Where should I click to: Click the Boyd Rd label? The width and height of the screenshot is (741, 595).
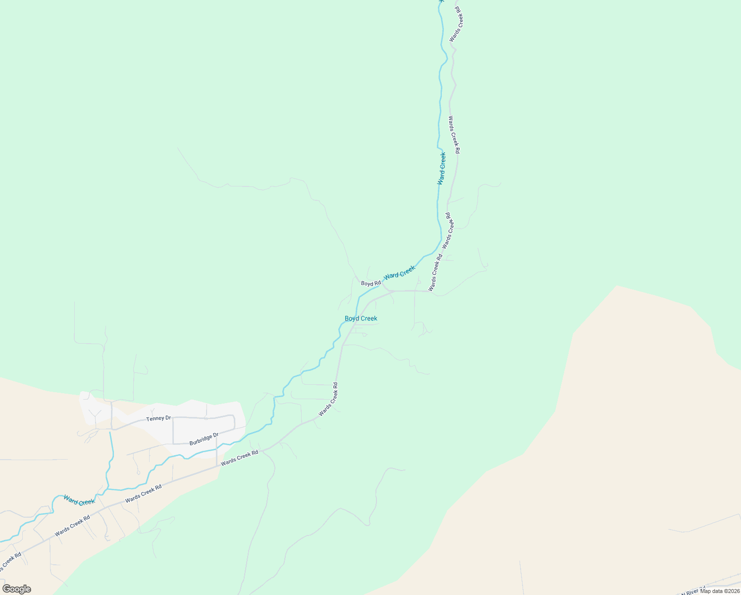point(370,284)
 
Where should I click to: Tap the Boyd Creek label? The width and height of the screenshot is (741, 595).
point(361,318)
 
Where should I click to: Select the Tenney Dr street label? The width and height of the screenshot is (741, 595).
point(159,419)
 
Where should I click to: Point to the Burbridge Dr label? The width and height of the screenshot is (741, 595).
point(204,439)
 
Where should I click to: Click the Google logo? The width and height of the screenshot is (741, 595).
point(17,589)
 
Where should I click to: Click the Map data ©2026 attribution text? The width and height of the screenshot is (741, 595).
point(720,591)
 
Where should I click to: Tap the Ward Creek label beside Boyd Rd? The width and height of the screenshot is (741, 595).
point(399,272)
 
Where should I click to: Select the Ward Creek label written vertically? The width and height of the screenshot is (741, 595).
point(441,169)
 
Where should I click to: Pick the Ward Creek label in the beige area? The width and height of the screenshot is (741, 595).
point(79,501)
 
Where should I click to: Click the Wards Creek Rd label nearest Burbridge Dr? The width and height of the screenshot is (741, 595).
point(240,457)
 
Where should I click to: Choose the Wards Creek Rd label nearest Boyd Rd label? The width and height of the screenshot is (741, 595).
point(435,273)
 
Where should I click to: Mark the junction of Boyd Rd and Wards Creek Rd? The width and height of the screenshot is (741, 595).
point(391,291)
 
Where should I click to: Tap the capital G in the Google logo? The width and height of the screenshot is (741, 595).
point(7,589)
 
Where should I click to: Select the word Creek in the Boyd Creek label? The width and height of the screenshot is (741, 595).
point(368,318)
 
